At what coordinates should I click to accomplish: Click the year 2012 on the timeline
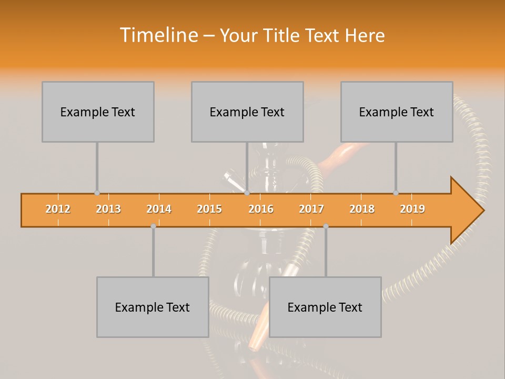[58, 209]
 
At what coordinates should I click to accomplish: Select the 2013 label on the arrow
[108, 209]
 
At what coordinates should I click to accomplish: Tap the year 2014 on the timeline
[159, 209]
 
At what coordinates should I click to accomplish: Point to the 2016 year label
[261, 209]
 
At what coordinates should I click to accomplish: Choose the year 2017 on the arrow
[311, 209]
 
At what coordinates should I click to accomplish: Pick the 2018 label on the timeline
[362, 209]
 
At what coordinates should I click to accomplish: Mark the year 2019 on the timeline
[412, 209]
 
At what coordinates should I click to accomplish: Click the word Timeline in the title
[157, 35]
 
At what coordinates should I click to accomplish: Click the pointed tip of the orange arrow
[483, 211]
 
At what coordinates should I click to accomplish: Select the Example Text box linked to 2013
[98, 112]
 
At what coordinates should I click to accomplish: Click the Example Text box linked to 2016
[247, 112]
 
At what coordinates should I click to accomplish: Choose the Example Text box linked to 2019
[397, 112]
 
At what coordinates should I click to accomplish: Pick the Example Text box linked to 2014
[153, 307]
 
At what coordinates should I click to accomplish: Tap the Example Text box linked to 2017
[325, 307]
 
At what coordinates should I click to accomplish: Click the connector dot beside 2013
[97, 193]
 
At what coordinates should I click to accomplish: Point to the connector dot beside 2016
[247, 193]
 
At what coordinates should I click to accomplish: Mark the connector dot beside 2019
[396, 193]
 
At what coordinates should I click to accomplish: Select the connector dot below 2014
[153, 226]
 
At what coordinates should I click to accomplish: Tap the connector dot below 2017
[326, 226]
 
